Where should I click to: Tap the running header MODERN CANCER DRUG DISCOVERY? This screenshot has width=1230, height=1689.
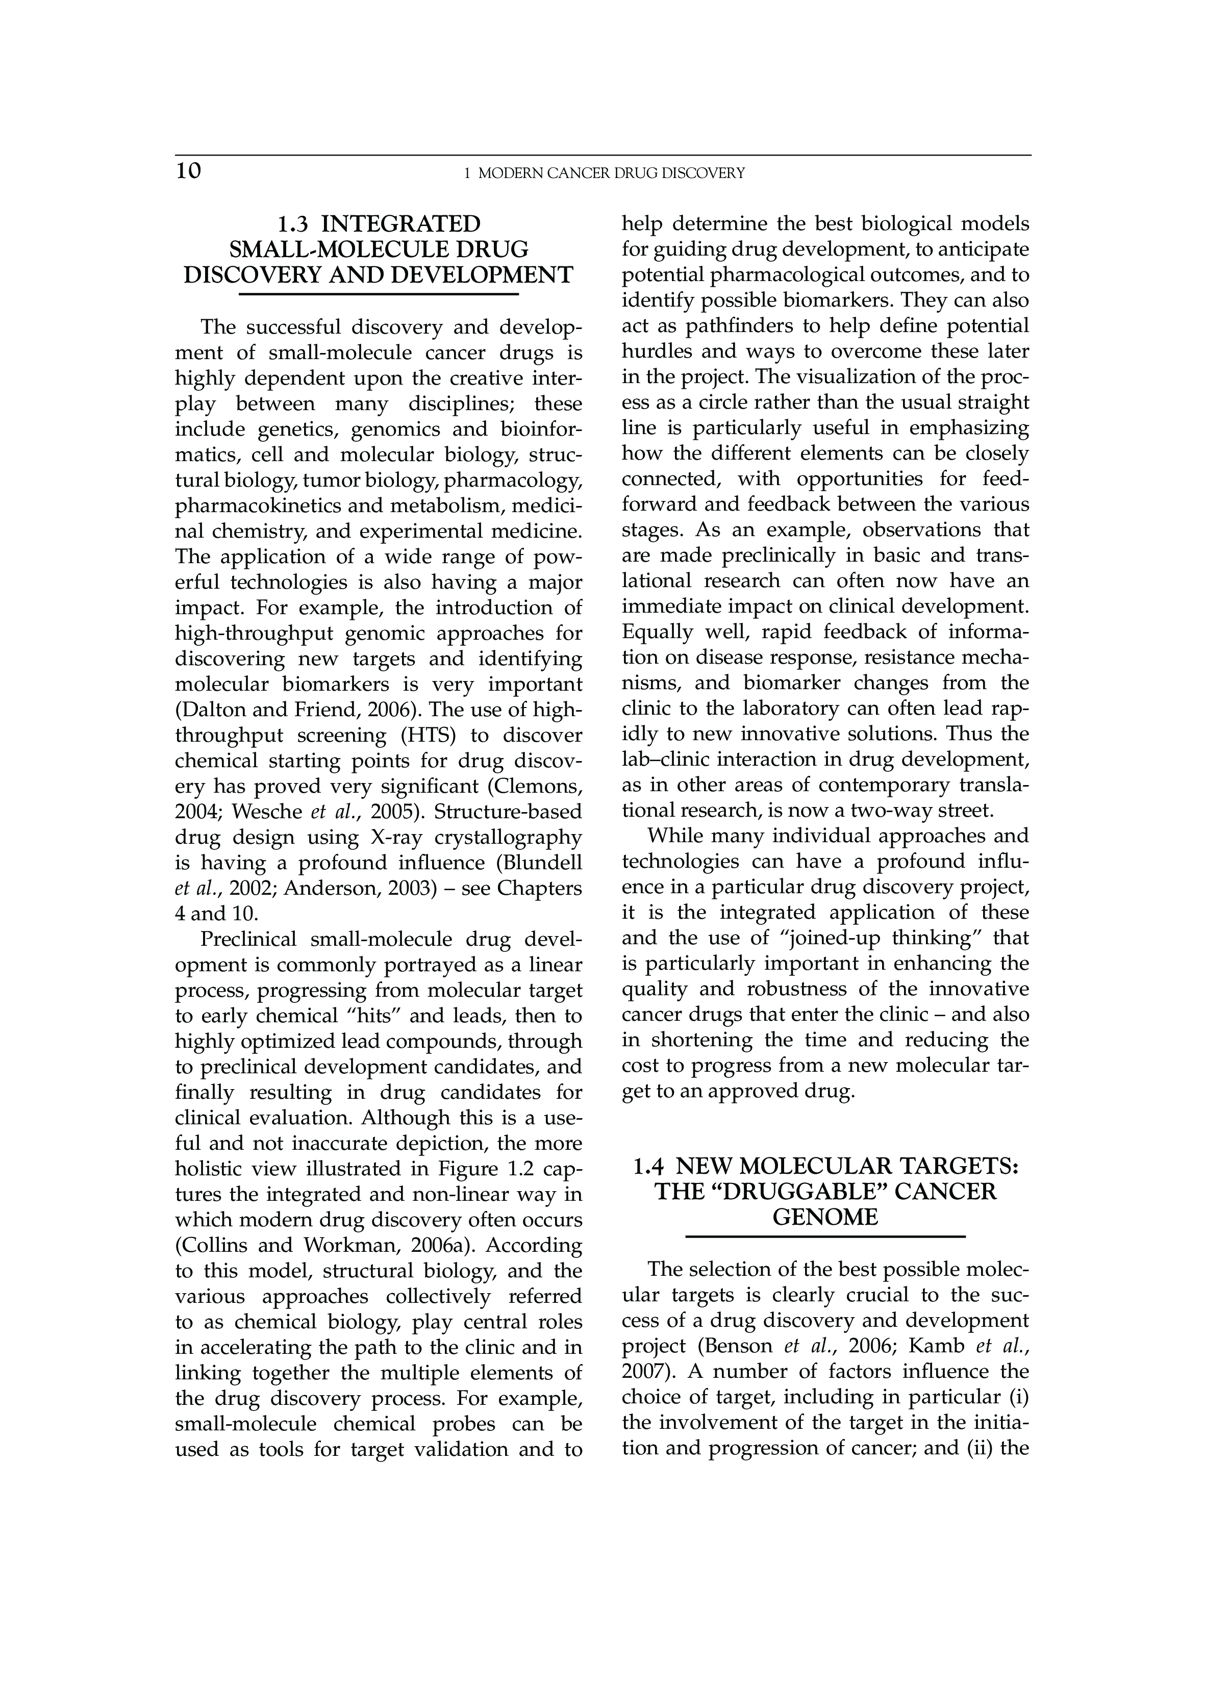pyautogui.click(x=611, y=173)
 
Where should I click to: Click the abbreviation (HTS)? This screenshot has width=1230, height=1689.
pyautogui.click(x=428, y=735)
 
